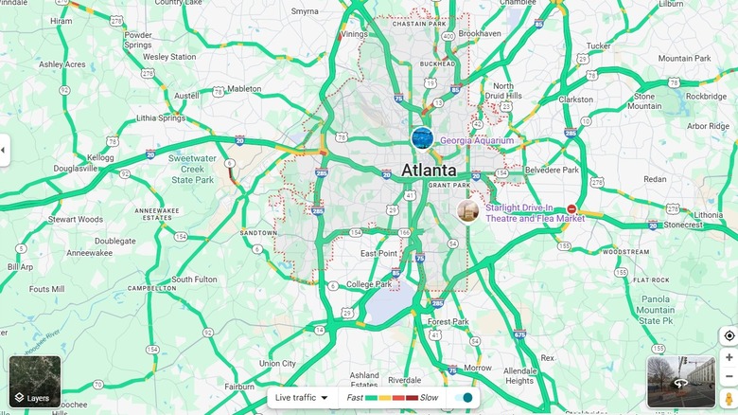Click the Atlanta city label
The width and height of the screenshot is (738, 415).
pyautogui.click(x=429, y=171)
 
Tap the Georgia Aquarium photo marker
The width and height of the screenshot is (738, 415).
pyautogui.click(x=422, y=138)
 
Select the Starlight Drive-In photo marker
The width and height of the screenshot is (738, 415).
pyautogui.click(x=466, y=210)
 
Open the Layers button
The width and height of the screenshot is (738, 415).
pyautogui.click(x=35, y=382)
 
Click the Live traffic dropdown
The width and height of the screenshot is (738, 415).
pyautogui.click(x=302, y=398)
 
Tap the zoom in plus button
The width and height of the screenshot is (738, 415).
pyautogui.click(x=729, y=357)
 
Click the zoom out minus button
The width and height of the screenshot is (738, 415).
pyautogui.click(x=729, y=377)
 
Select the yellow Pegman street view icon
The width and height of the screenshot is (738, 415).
pyautogui.click(x=729, y=398)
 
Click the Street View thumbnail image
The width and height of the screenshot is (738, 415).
pyautogui.click(x=680, y=382)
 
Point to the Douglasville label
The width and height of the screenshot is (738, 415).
pyautogui.click(x=75, y=168)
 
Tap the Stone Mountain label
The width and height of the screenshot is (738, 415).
pyautogui.click(x=644, y=101)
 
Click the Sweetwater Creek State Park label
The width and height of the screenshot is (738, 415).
pyautogui.click(x=193, y=169)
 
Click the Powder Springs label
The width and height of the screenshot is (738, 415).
pyautogui.click(x=138, y=40)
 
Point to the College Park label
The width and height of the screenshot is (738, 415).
pyautogui.click(x=369, y=284)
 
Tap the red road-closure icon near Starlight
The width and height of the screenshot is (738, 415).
pyautogui.click(x=571, y=208)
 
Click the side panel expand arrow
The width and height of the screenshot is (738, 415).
pyautogui.click(x=4, y=150)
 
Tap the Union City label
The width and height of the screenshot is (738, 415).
pyautogui.click(x=277, y=363)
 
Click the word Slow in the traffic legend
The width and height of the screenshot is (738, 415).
pyautogui.click(x=429, y=398)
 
